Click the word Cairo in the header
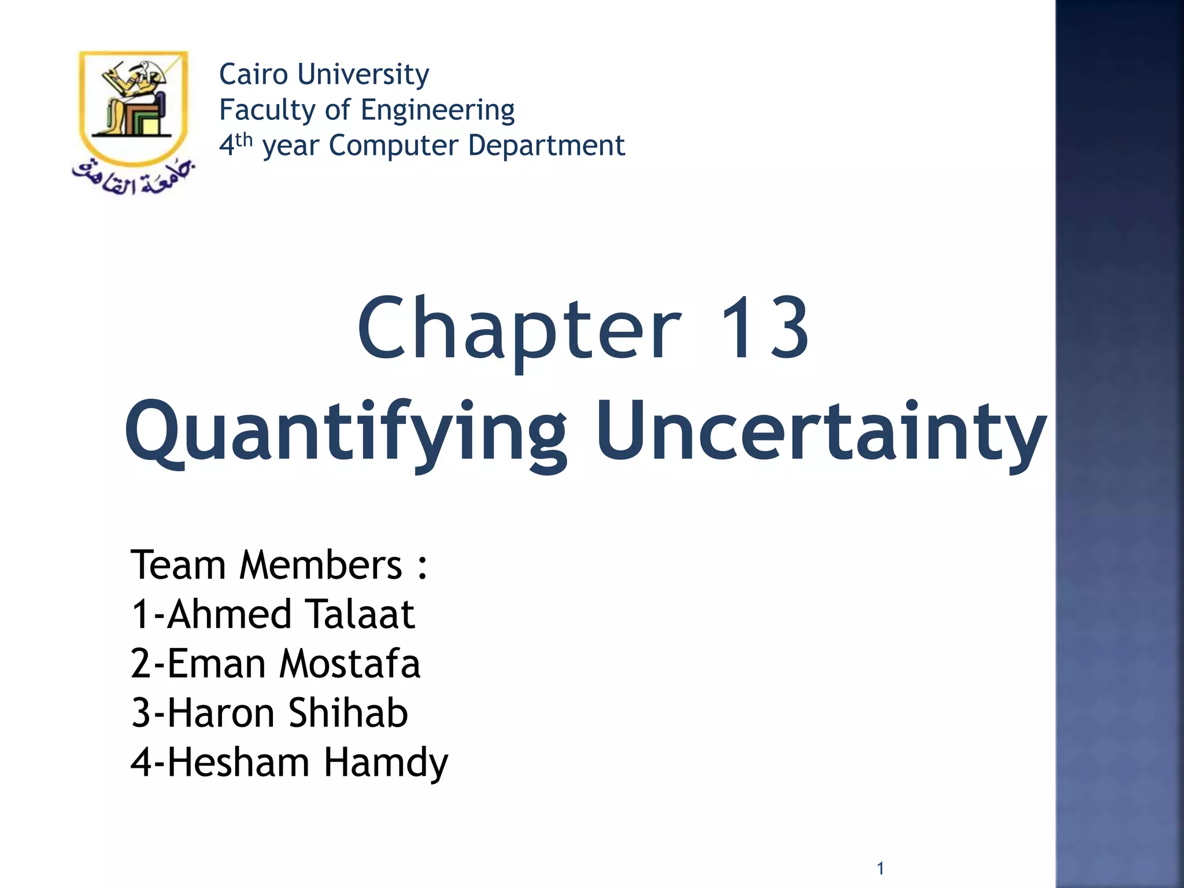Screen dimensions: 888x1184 point(253,74)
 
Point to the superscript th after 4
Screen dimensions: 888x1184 point(245,139)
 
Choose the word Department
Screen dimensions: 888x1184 point(546,145)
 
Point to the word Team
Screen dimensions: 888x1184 point(178,565)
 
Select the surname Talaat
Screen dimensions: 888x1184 point(359,614)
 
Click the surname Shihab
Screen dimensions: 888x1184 point(348,713)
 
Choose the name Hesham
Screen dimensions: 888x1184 point(239,762)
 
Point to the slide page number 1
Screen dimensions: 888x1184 point(880,868)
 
